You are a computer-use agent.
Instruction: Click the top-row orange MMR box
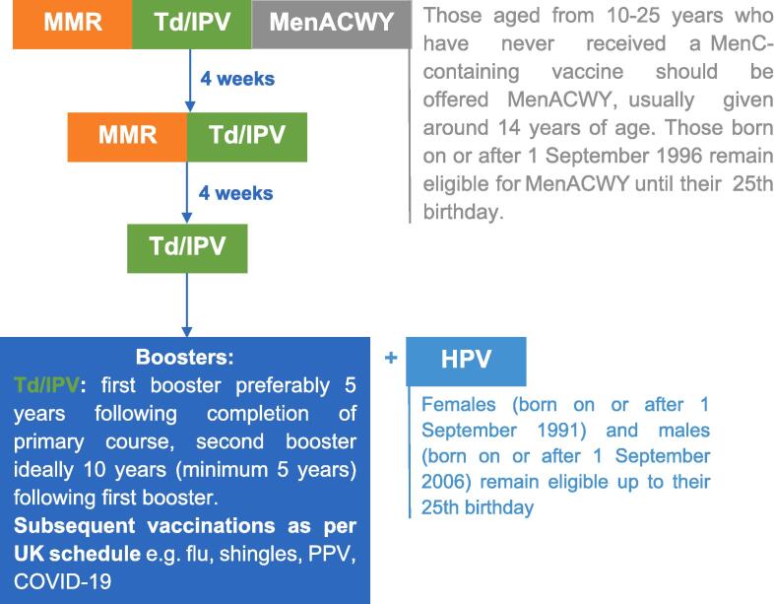pyautogui.click(x=73, y=25)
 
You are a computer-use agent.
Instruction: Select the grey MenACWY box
pyautogui.click(x=332, y=25)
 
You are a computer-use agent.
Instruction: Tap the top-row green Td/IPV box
pyautogui.click(x=192, y=25)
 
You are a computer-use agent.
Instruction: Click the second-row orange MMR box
pyautogui.click(x=127, y=137)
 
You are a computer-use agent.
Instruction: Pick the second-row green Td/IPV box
pyautogui.click(x=247, y=137)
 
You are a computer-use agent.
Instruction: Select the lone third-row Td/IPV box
pyautogui.click(x=187, y=248)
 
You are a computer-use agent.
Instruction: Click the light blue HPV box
pyautogui.click(x=466, y=361)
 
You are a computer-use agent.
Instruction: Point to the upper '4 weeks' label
pyautogui.click(x=237, y=79)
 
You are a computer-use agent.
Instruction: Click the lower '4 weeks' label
pyautogui.click(x=236, y=193)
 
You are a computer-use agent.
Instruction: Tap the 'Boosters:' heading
pyautogui.click(x=184, y=357)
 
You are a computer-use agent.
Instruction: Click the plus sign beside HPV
pyautogui.click(x=391, y=358)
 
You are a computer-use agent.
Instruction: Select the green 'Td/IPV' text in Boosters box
pyautogui.click(x=46, y=385)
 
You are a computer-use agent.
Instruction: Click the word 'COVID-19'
pyautogui.click(x=63, y=581)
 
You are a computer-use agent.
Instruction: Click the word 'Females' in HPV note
pyautogui.click(x=459, y=405)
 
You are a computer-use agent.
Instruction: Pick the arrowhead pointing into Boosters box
pyautogui.click(x=187, y=331)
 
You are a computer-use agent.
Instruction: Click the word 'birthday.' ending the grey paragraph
pyautogui.click(x=463, y=213)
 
